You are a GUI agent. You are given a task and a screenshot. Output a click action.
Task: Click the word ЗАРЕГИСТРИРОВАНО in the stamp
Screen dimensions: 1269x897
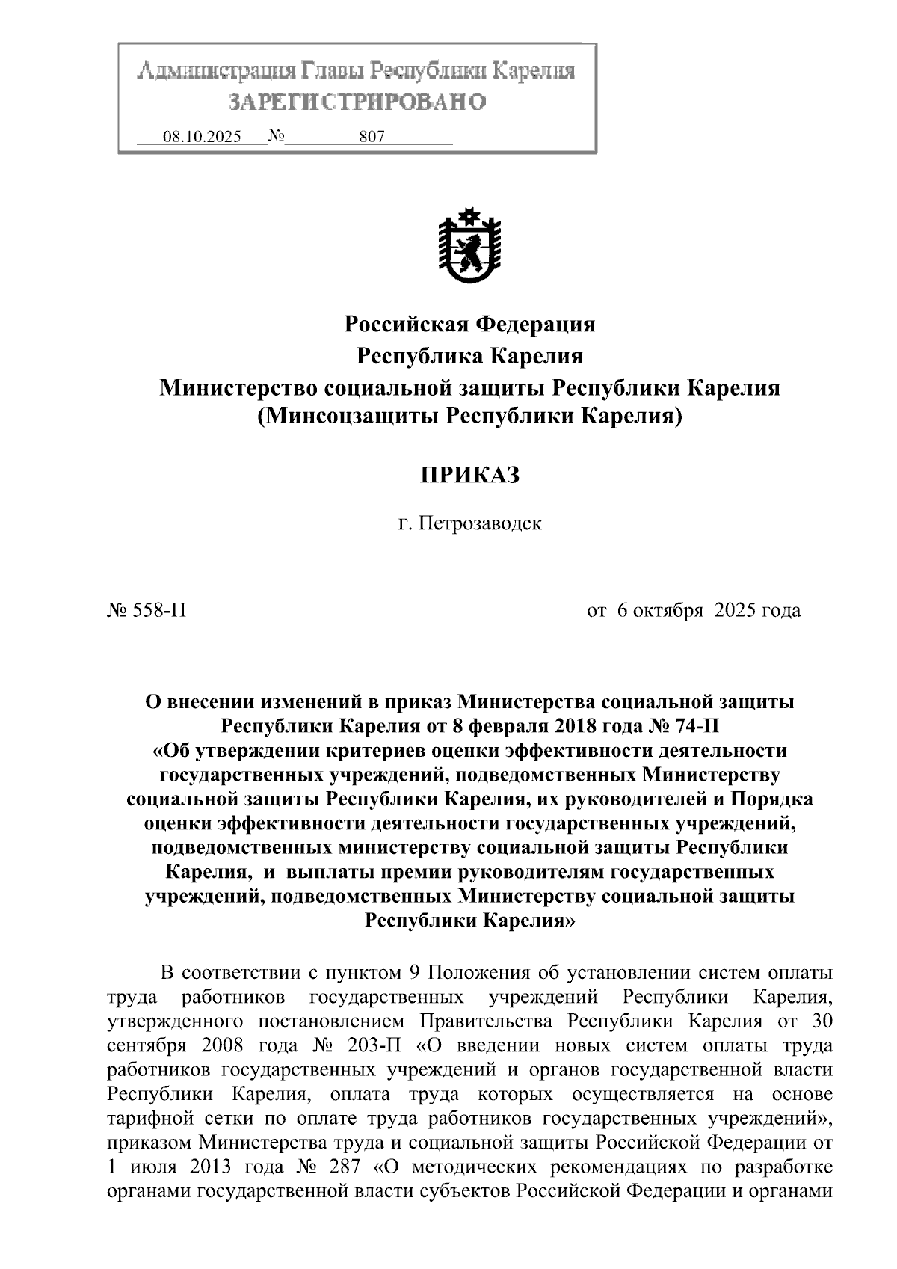pyautogui.click(x=357, y=102)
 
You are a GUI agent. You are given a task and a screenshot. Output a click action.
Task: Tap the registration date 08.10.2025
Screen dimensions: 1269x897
pyautogui.click(x=202, y=137)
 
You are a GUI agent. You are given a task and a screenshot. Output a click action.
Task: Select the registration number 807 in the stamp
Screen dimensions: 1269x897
pyautogui.click(x=372, y=137)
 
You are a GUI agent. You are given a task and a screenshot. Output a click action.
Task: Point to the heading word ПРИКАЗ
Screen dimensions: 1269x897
pyautogui.click(x=469, y=476)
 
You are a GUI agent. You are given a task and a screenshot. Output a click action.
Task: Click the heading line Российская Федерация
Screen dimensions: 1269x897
pyautogui.click(x=469, y=324)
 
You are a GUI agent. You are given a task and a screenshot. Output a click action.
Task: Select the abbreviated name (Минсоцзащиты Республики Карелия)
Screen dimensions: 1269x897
pyautogui.click(x=469, y=415)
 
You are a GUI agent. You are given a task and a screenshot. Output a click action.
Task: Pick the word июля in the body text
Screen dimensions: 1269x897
pyautogui.click(x=152, y=1167)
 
